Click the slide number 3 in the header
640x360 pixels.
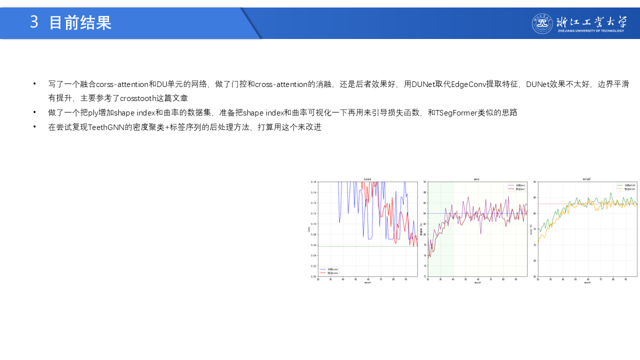click(34, 22)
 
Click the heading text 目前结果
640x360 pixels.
click(80, 22)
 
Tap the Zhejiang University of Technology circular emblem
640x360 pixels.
click(542, 23)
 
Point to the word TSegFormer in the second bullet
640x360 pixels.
click(456, 112)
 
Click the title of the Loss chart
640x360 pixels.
click(367, 179)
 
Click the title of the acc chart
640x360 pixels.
click(476, 179)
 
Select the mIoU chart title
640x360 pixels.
click(587, 179)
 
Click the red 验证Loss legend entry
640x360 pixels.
click(330, 273)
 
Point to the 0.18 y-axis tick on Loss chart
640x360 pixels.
click(314, 182)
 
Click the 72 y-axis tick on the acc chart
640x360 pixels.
click(424, 276)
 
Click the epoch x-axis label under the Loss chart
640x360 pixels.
click(367, 283)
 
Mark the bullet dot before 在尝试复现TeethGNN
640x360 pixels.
click(34, 127)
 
